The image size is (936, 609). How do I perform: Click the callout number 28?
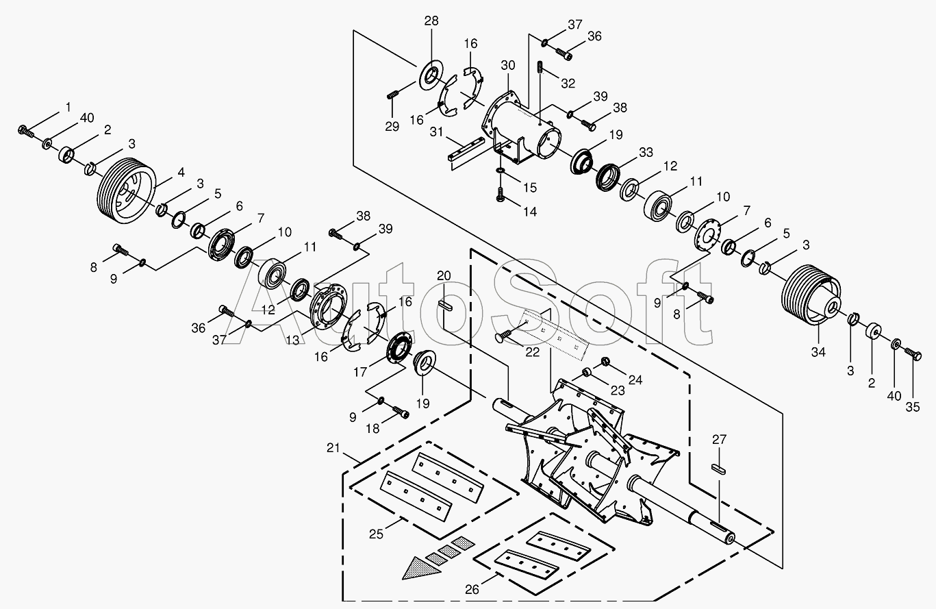point(431,21)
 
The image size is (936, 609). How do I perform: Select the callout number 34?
point(818,352)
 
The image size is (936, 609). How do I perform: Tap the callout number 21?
point(333,448)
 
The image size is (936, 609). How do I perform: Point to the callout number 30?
point(508,65)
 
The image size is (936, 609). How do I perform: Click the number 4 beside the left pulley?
point(181,172)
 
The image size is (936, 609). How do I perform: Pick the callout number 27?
point(719,439)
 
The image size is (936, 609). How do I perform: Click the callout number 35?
point(913,407)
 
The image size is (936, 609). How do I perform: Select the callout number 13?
point(292,340)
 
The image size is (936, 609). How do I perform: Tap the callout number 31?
point(436,132)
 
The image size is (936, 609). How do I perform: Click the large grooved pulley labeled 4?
point(126,190)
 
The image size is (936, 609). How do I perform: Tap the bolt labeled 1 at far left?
point(25,132)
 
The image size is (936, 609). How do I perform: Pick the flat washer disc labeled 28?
point(431,75)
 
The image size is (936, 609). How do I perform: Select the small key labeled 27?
point(718,469)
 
